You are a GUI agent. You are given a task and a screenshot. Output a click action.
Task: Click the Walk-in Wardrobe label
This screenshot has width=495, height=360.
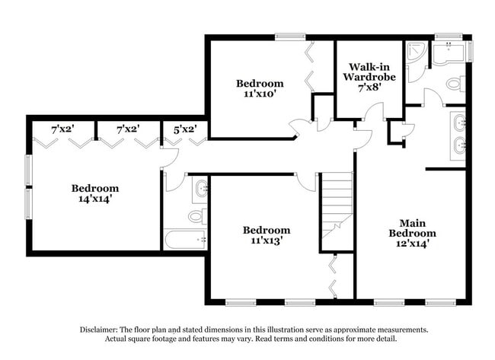[x=369, y=72]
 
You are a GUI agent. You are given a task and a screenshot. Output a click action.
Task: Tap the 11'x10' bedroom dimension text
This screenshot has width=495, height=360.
[x=260, y=94]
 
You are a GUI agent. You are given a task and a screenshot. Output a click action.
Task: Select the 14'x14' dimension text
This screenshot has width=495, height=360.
[x=95, y=199]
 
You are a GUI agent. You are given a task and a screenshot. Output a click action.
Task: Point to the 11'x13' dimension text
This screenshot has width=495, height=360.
[x=267, y=241]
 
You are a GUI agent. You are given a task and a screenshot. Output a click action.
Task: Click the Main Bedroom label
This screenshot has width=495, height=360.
[x=412, y=228]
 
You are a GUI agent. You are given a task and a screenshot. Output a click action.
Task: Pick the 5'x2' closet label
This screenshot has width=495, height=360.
[x=185, y=129]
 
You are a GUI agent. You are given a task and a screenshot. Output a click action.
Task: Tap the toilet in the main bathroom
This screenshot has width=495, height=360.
[x=456, y=84]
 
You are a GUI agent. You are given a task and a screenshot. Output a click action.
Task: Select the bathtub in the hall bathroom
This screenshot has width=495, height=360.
[x=185, y=240]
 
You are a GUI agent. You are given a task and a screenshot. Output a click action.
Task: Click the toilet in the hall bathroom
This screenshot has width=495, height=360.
[x=198, y=216]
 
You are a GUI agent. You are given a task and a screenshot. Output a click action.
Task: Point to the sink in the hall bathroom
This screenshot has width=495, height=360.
[x=200, y=188]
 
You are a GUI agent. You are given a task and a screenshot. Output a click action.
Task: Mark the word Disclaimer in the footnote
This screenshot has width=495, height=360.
[x=99, y=330]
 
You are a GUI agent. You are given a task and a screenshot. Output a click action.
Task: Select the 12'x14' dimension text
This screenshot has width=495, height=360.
[x=412, y=244]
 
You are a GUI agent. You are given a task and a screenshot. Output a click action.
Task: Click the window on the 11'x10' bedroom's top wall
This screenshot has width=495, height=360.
[x=290, y=37]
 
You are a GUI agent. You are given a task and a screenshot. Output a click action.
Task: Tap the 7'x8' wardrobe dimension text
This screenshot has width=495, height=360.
[x=369, y=87]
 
